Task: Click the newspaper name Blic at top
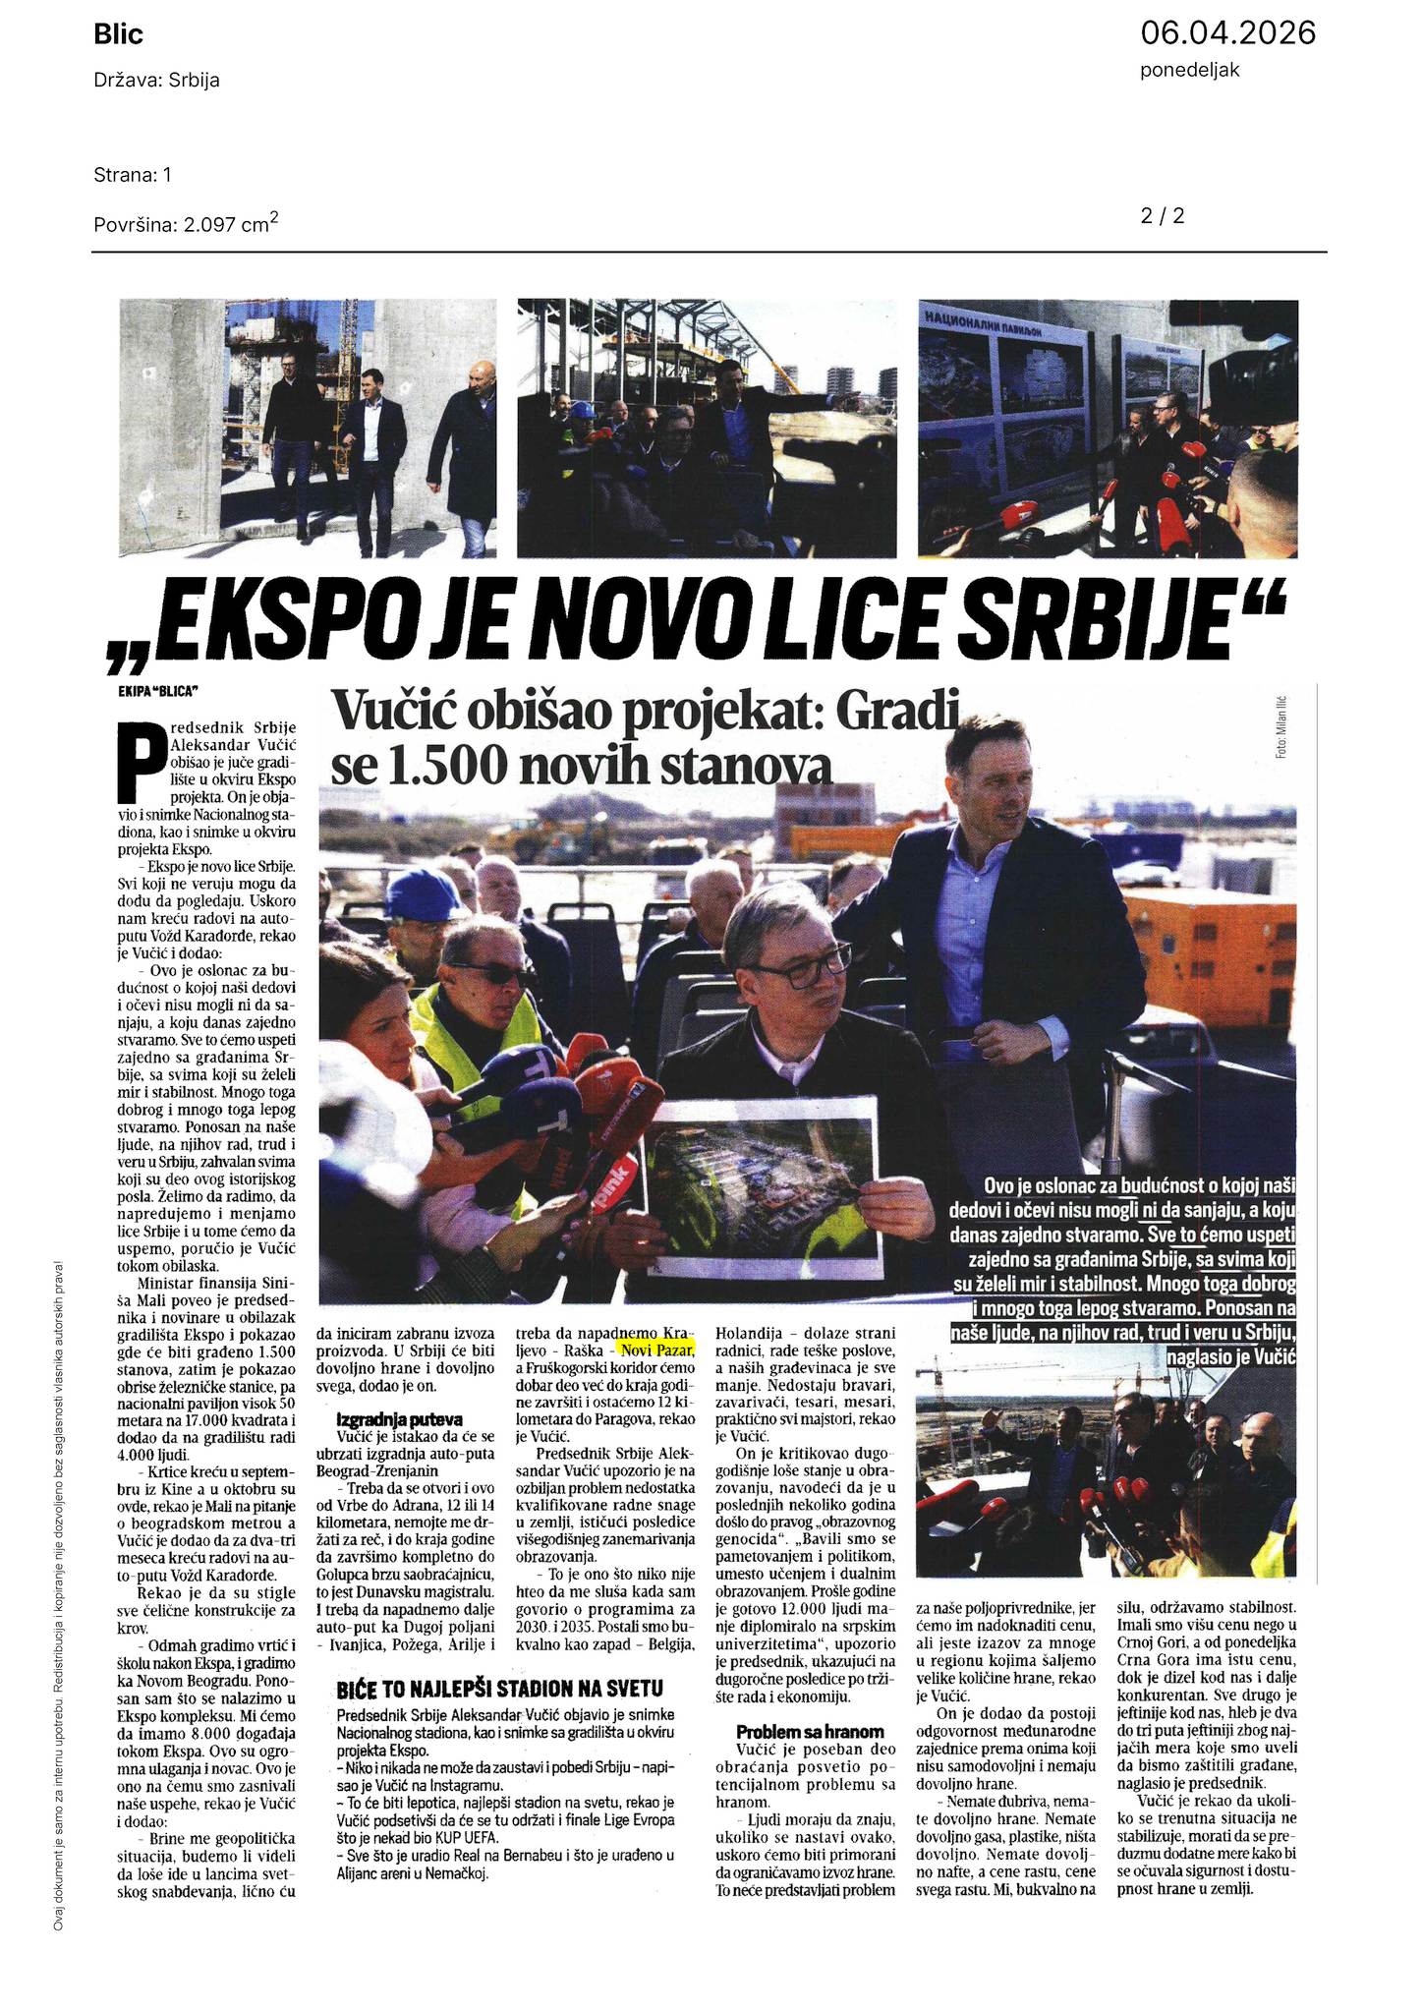click(x=119, y=35)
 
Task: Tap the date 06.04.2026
click(x=1227, y=33)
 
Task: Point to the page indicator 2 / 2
click(x=1163, y=215)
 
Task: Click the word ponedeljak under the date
click(x=1190, y=71)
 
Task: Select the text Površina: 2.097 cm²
click(x=187, y=224)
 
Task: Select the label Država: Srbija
click(x=157, y=81)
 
